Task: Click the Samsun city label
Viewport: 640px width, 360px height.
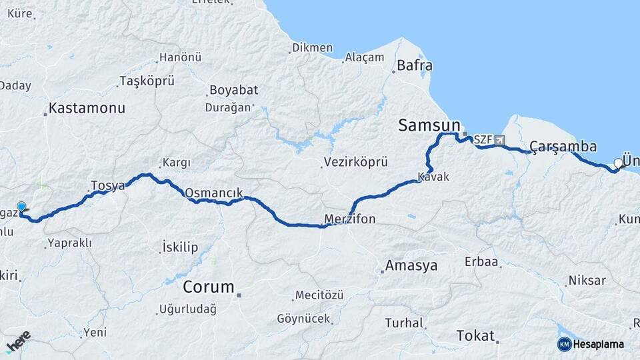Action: [x=429, y=125]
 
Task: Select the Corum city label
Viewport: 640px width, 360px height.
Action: [x=209, y=287]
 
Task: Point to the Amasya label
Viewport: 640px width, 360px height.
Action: [x=411, y=265]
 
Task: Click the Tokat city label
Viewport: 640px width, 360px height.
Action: [x=475, y=335]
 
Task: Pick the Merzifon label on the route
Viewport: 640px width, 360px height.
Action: [x=350, y=219]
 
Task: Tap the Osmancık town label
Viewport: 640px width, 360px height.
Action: [x=213, y=192]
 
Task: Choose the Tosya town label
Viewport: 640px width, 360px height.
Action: [x=107, y=185]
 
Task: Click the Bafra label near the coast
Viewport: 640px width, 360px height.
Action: [x=415, y=65]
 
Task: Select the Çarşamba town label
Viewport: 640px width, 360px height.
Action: [x=563, y=146]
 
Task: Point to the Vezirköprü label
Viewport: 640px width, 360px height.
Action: [x=355, y=162]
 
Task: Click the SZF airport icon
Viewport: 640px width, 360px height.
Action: [x=500, y=140]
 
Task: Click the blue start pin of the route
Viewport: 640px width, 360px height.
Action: [x=21, y=208]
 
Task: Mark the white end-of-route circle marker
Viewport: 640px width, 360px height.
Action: [x=619, y=163]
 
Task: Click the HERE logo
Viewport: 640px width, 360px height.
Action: [x=18, y=341]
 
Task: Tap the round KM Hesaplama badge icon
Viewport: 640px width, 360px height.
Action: [x=565, y=344]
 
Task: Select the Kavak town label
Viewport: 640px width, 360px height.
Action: [x=433, y=177]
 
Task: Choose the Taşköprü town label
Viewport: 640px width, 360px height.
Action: [x=146, y=81]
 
